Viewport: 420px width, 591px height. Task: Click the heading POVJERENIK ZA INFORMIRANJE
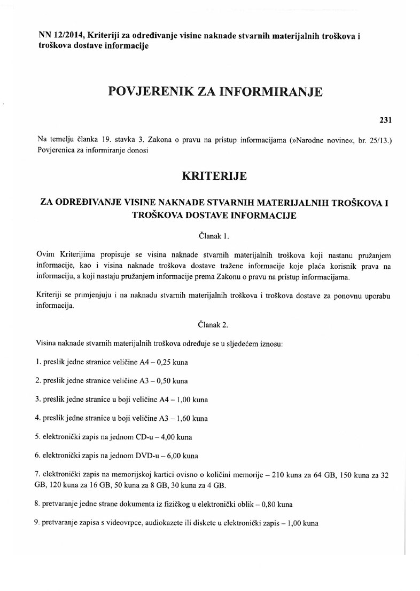pyautogui.click(x=215, y=92)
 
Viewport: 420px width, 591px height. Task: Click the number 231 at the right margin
pyautogui.click(x=385, y=119)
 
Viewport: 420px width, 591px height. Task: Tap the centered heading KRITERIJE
pyautogui.click(x=214, y=175)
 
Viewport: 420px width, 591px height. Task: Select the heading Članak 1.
pyautogui.click(x=213, y=235)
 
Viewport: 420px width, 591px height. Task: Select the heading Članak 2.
pyautogui.click(x=213, y=324)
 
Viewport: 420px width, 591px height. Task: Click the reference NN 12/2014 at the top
pyautogui.click(x=61, y=35)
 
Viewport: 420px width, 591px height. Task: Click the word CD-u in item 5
pyautogui.click(x=147, y=436)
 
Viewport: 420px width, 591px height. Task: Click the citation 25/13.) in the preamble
pyautogui.click(x=380, y=140)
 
